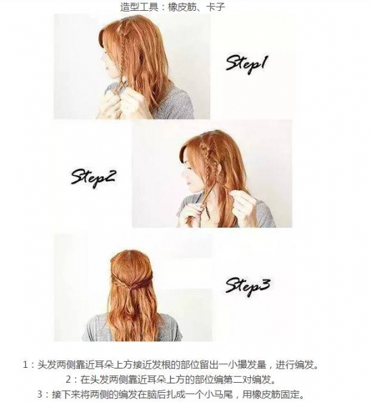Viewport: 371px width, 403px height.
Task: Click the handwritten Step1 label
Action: (x=245, y=64)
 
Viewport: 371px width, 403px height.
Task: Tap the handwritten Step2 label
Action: (x=93, y=177)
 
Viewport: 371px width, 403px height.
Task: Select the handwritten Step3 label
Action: (x=247, y=286)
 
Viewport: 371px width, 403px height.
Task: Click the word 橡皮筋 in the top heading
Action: (x=182, y=6)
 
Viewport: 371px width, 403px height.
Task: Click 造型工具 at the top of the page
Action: (x=139, y=6)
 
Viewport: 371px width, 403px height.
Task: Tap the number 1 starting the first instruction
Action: (x=25, y=364)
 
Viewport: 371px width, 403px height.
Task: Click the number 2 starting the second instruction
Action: (x=68, y=379)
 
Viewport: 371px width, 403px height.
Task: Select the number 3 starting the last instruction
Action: (x=40, y=394)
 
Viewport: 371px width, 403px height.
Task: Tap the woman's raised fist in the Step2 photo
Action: (x=243, y=203)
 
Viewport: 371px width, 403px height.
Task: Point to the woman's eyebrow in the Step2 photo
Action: (x=191, y=168)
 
